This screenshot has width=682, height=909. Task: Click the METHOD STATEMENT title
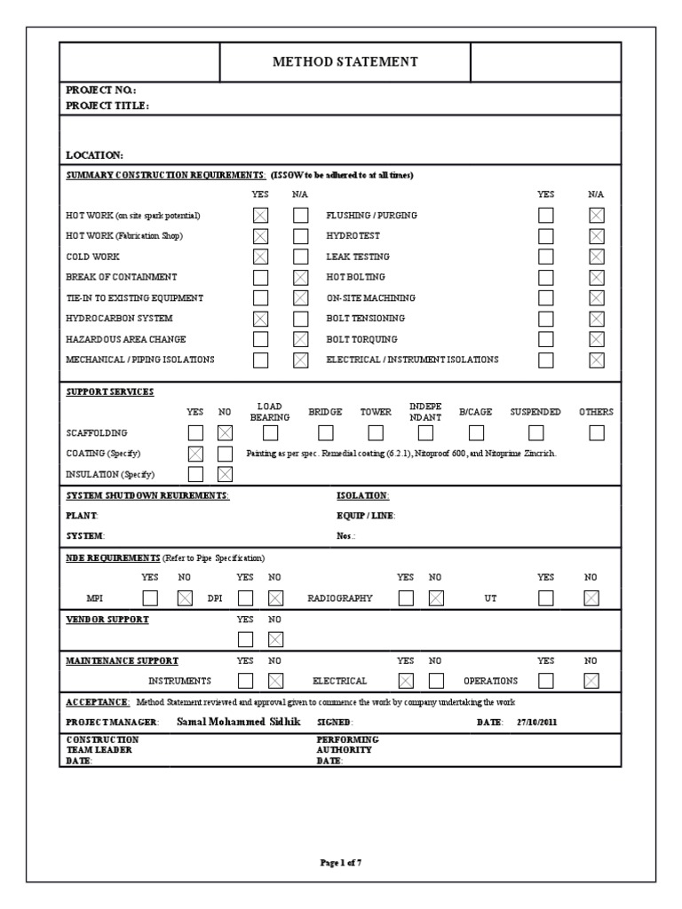(x=345, y=62)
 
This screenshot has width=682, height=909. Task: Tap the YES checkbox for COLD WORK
(x=260, y=257)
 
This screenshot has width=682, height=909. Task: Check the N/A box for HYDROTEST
(x=597, y=236)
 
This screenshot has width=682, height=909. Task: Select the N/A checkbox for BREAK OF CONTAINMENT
(x=301, y=277)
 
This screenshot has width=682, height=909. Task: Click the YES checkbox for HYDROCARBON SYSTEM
(x=260, y=319)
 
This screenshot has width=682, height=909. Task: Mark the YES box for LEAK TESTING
(x=545, y=257)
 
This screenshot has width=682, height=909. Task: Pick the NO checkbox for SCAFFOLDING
(x=225, y=433)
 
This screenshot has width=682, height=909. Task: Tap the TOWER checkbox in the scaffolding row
(x=376, y=433)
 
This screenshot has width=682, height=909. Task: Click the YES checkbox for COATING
(x=195, y=454)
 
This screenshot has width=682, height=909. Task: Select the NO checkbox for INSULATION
(x=225, y=474)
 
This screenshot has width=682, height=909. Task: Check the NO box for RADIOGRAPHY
(x=435, y=598)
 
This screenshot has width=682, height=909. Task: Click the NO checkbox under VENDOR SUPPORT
(x=275, y=639)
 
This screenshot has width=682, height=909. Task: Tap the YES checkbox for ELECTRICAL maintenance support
(x=406, y=681)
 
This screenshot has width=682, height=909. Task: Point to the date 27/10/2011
(x=537, y=722)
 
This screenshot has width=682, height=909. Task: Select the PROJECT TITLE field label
(x=107, y=106)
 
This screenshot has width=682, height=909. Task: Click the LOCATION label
(x=94, y=154)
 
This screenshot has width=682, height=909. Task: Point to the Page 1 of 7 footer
(x=340, y=862)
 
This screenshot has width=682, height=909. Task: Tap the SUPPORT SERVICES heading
(x=109, y=391)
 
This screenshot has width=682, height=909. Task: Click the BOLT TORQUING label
(x=361, y=339)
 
